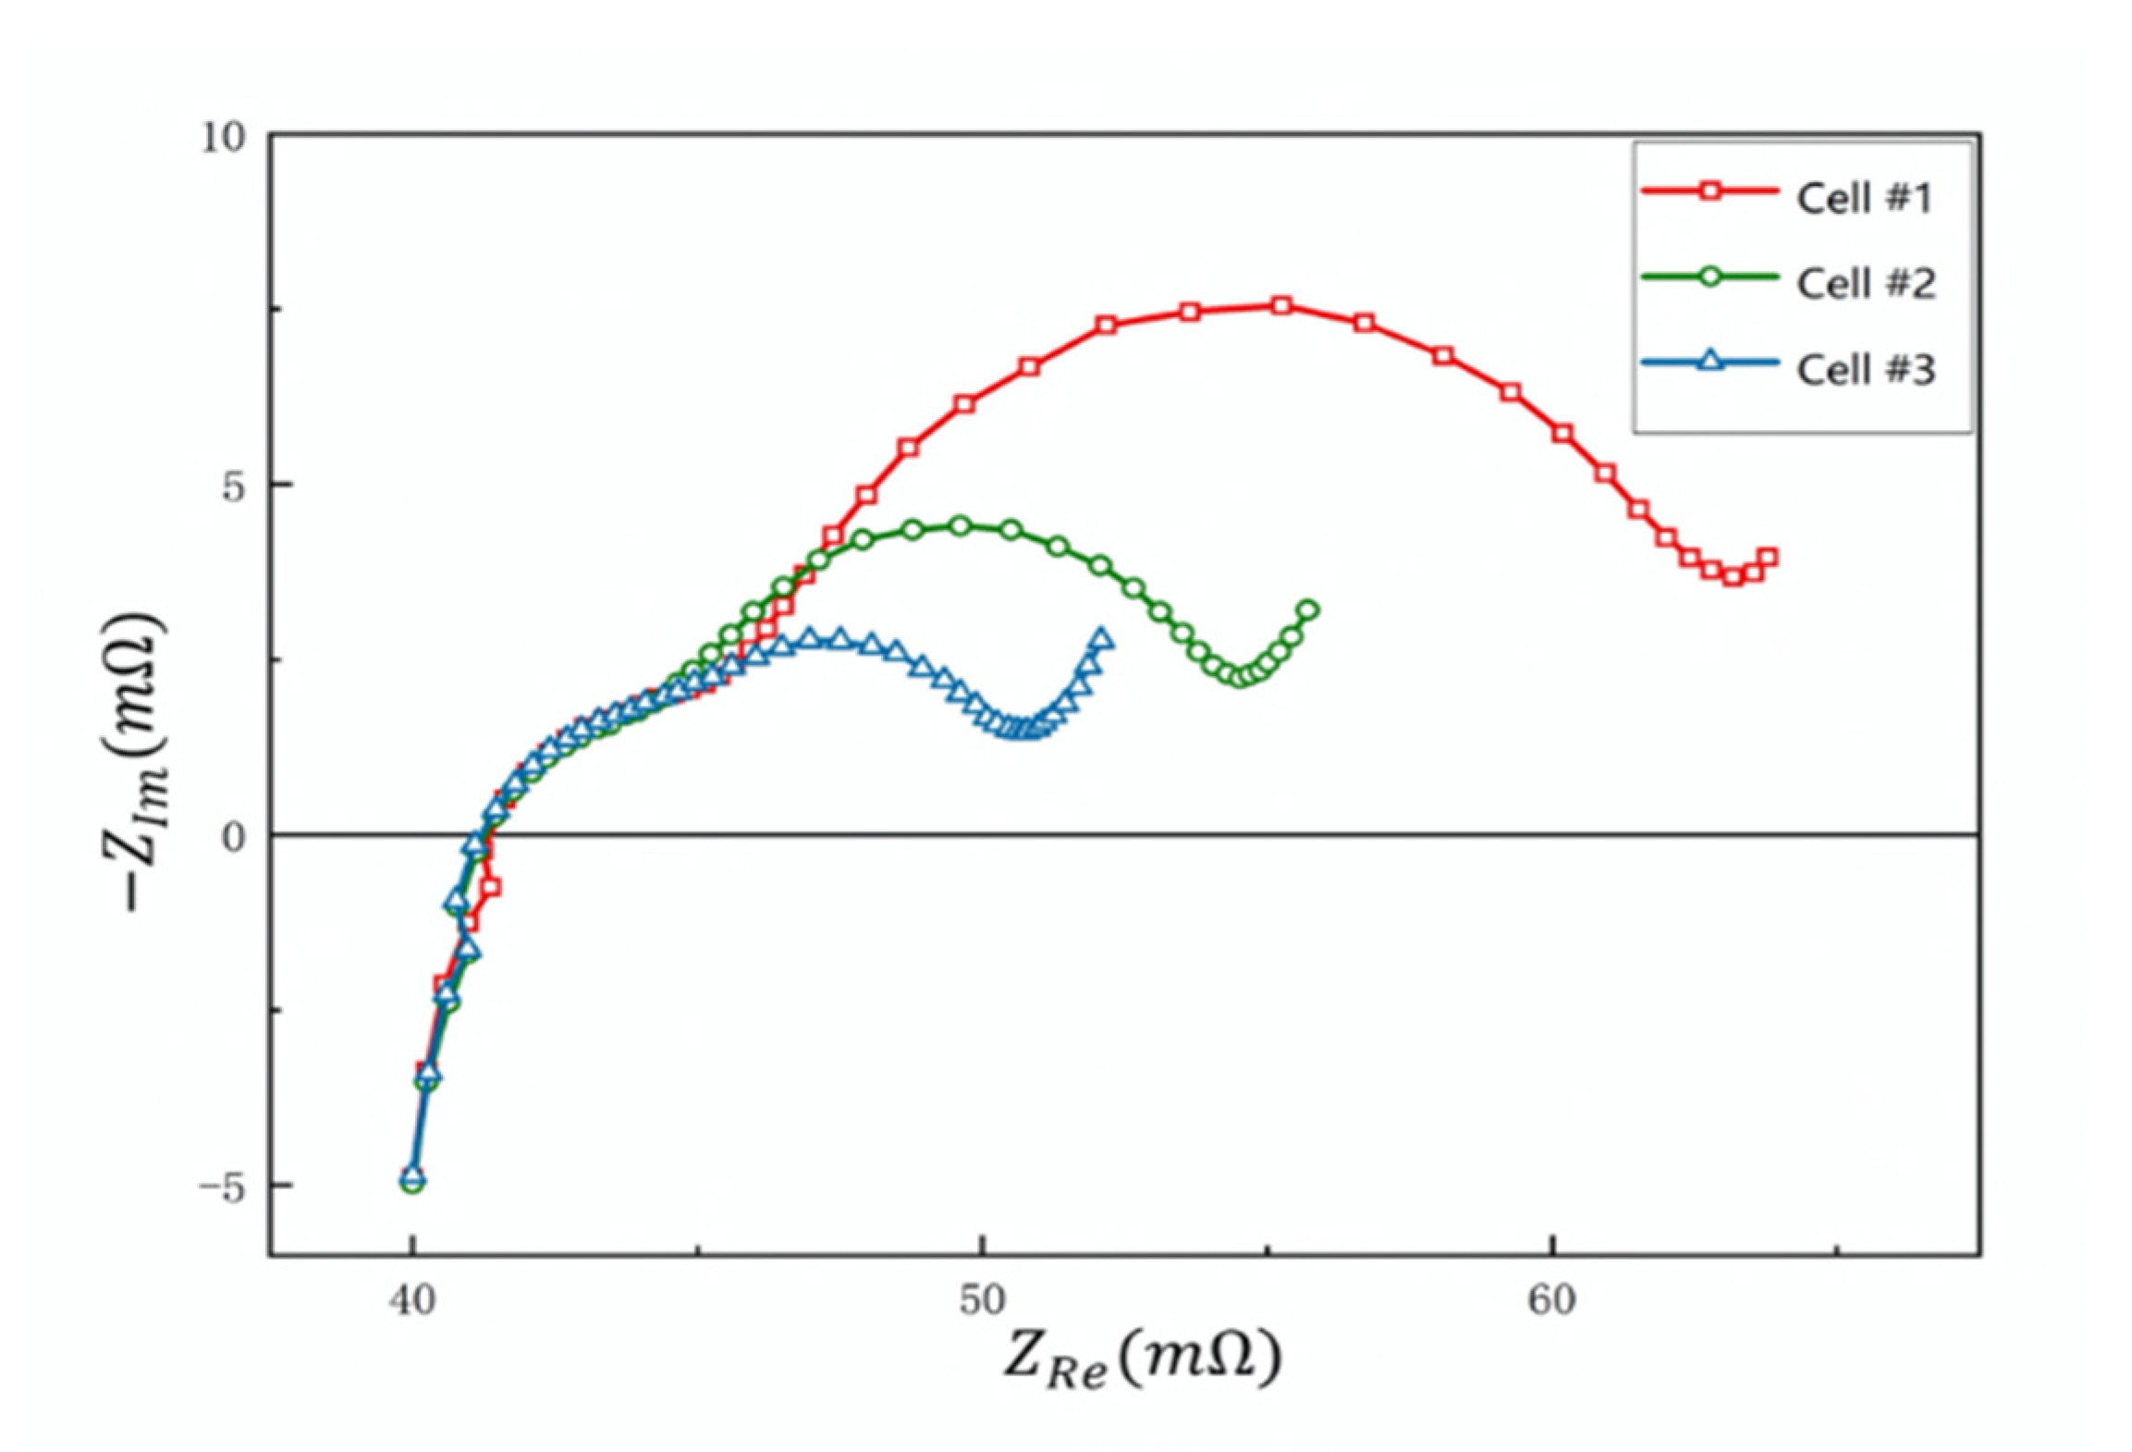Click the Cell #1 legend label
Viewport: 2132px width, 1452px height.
[x=1864, y=199]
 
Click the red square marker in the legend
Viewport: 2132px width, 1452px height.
[x=1709, y=191]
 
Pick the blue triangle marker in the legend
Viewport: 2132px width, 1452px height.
[x=1709, y=362]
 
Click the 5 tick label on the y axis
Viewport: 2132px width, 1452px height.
[x=233, y=485]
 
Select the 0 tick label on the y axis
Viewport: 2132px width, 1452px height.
[x=233, y=836]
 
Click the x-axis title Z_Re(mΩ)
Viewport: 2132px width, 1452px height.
[x=1143, y=1360]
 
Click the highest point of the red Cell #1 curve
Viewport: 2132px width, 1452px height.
[x=1281, y=306]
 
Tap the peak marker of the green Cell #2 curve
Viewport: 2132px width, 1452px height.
[x=960, y=526]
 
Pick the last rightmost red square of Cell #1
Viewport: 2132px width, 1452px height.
[x=1768, y=558]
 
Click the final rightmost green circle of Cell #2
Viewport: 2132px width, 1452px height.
[x=1308, y=610]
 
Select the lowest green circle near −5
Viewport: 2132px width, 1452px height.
[x=413, y=1182]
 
